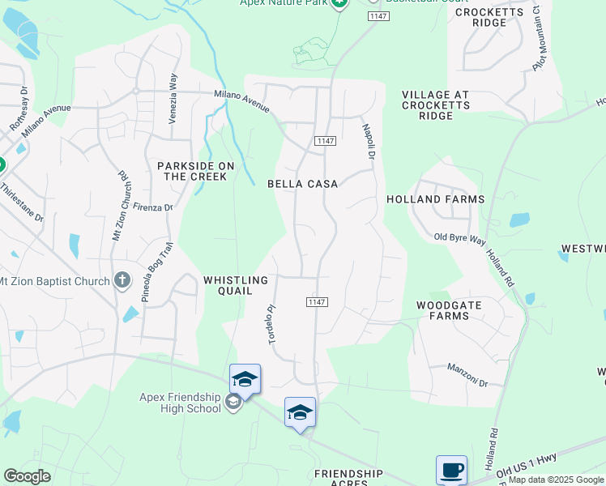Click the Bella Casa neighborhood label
click(303, 184)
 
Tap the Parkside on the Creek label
click(195, 171)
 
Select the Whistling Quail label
click(235, 285)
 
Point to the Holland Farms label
click(435, 199)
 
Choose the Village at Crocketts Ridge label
click(435, 105)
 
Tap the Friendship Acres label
click(348, 478)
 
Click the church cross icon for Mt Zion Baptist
click(122, 280)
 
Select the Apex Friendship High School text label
click(181, 403)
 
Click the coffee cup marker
click(451, 470)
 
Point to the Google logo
click(27, 476)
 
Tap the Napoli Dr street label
click(369, 141)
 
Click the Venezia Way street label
click(173, 98)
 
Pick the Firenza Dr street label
click(153, 208)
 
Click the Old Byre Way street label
click(459, 237)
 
